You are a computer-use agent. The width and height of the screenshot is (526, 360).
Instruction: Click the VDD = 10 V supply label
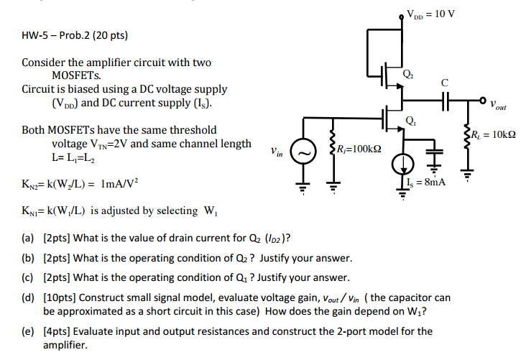(x=430, y=12)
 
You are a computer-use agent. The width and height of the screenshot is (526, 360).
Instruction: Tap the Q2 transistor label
(x=408, y=73)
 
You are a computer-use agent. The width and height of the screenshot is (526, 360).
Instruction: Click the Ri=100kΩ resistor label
(x=359, y=149)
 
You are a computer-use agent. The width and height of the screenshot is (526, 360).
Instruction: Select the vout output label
(x=498, y=106)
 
